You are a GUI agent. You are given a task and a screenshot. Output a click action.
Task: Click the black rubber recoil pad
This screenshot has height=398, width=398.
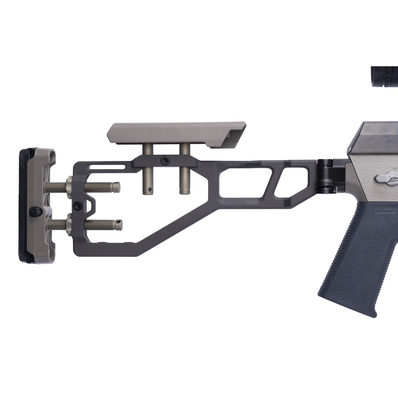pyautogui.click(x=23, y=206)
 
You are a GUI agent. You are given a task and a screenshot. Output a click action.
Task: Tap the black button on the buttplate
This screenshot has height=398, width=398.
pyautogui.click(x=35, y=211)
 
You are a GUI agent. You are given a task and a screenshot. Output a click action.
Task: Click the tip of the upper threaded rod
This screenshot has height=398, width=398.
pyautogui.click(x=116, y=187)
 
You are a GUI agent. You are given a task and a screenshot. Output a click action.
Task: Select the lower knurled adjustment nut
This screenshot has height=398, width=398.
pyautogui.click(x=69, y=224)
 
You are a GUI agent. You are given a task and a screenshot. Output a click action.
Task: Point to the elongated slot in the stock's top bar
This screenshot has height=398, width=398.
pyautogui.click(x=107, y=167)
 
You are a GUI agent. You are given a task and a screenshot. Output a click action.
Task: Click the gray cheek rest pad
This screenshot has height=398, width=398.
pyautogui.click(x=175, y=133)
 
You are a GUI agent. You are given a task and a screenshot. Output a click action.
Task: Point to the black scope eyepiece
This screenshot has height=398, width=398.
pyautogui.click(x=384, y=76)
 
